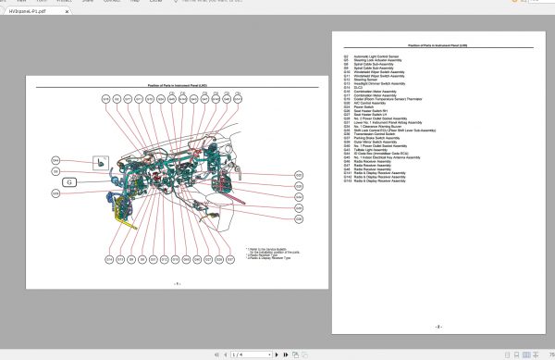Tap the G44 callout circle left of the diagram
[x=56, y=160]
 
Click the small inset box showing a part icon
[x=101, y=163]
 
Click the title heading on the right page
[x=438, y=44]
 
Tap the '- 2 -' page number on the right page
[x=438, y=326]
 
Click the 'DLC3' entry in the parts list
[x=359, y=88]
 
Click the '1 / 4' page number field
[x=239, y=353]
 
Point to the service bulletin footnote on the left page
[x=272, y=251]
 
